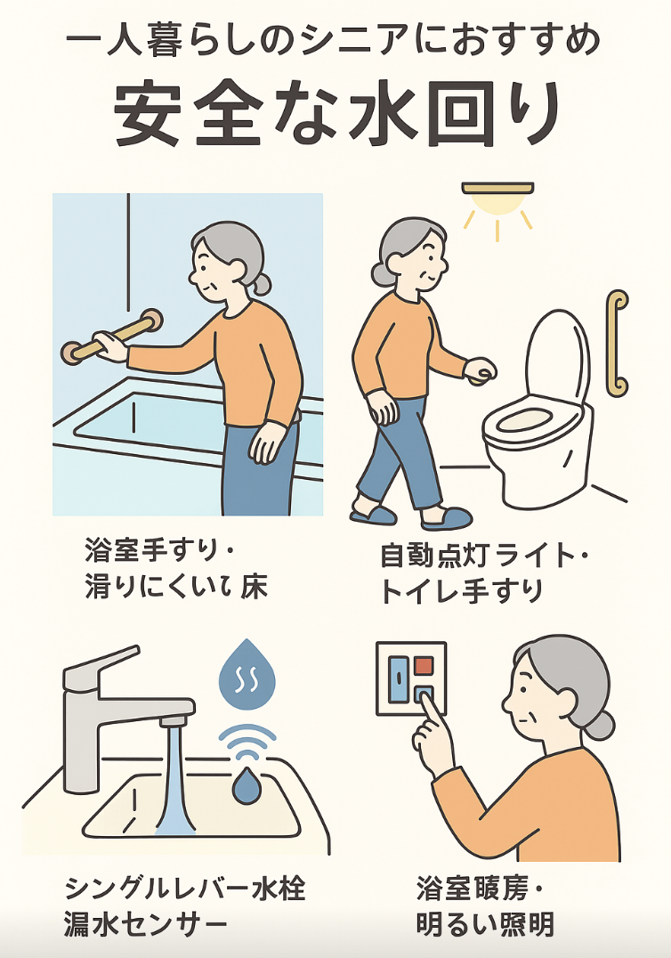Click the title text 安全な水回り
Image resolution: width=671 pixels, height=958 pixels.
335,115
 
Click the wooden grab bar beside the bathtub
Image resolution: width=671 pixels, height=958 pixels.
112,337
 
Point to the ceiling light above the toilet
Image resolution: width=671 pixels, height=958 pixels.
497,198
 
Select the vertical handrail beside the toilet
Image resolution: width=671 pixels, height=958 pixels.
618,344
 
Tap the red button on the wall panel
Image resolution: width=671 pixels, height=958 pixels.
424,665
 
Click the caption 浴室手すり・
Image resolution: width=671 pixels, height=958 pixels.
160,550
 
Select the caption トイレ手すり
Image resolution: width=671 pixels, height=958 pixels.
462,591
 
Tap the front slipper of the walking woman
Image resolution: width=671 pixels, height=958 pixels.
447,518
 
